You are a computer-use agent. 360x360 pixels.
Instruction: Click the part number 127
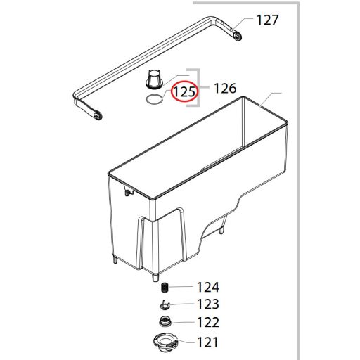(267, 20)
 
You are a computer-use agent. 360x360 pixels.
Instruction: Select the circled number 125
(185, 91)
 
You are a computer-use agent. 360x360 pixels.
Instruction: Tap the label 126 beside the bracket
(225, 89)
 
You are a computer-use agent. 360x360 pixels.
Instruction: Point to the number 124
(208, 287)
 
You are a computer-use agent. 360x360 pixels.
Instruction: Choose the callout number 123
(208, 304)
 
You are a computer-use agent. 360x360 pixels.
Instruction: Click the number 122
(208, 322)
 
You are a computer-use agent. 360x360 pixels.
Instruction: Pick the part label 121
(207, 342)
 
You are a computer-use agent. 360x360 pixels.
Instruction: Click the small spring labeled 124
(165, 288)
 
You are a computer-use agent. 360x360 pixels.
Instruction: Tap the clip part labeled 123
(165, 305)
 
